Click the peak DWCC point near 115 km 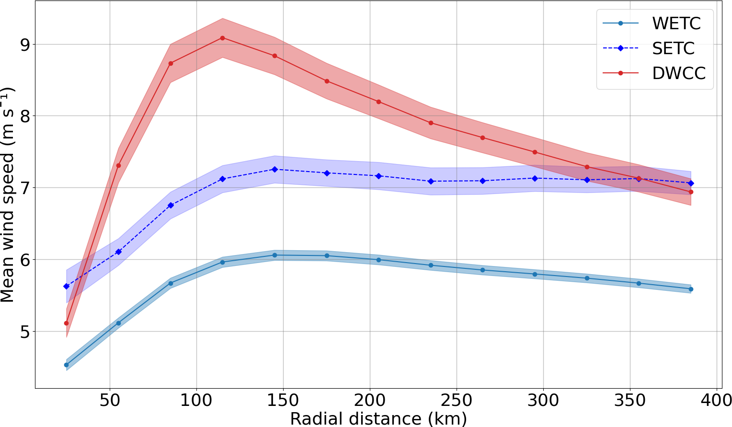tap(222, 38)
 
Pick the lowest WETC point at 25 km tap(66, 365)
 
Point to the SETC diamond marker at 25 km tap(66, 286)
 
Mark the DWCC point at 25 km tap(66, 323)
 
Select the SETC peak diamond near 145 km tap(274, 169)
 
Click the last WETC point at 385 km tap(691, 289)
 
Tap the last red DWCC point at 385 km tap(691, 192)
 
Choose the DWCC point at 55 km tap(118, 165)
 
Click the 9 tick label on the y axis tap(23, 45)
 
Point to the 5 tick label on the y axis tap(23, 332)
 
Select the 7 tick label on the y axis tap(23, 188)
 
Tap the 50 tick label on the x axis tap(110, 400)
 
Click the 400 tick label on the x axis tap(717, 400)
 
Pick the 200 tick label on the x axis tap(370, 400)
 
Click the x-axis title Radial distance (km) tap(378, 418)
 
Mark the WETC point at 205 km tap(378, 260)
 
